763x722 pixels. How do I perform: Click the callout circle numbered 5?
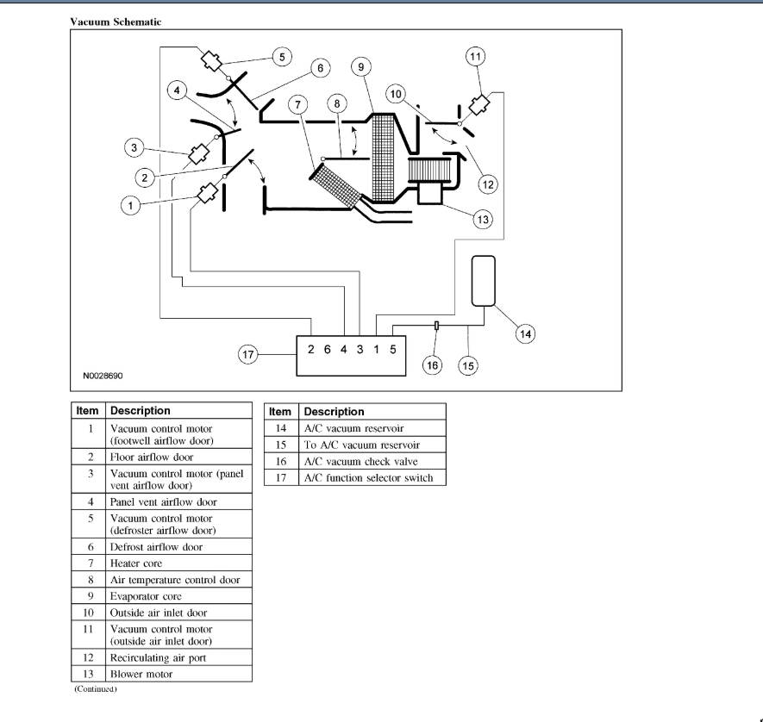tap(280, 57)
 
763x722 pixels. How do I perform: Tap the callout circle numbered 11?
tap(475, 58)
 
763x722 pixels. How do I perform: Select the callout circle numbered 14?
tap(525, 333)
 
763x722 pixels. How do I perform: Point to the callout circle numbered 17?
tap(249, 354)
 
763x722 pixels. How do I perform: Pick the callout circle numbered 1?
tap(131, 206)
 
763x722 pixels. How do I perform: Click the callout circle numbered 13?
tap(483, 220)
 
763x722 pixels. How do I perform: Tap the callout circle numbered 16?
tap(433, 365)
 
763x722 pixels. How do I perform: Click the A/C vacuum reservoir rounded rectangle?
tap(483, 280)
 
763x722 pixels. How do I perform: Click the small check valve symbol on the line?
tap(437, 326)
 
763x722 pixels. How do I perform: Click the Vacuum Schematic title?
tap(115, 22)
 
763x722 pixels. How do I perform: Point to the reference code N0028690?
tap(108, 377)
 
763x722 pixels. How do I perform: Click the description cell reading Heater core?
tap(136, 563)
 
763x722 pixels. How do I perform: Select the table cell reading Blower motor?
tap(141, 674)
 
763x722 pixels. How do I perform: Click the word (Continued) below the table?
tap(95, 689)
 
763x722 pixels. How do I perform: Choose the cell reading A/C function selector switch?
tap(368, 477)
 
